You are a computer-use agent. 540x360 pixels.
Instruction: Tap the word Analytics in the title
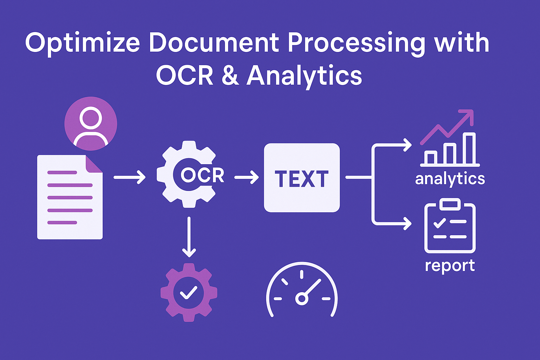(304, 76)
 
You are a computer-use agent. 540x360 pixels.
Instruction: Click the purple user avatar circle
(91, 123)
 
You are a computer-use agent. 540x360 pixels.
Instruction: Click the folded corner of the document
(94, 163)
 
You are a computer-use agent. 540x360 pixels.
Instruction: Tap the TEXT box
(302, 178)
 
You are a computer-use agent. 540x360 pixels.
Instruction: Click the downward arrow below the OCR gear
(189, 237)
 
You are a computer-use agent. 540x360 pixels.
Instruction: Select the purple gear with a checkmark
(189, 292)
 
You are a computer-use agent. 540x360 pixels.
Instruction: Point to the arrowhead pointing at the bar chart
(408, 144)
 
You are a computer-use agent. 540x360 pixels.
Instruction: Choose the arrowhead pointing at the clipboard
(408, 223)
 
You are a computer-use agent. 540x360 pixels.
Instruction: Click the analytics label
(450, 179)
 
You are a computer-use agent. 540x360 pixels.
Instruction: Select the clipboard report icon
(450, 227)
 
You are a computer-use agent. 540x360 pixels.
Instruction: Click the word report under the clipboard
(450, 266)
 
